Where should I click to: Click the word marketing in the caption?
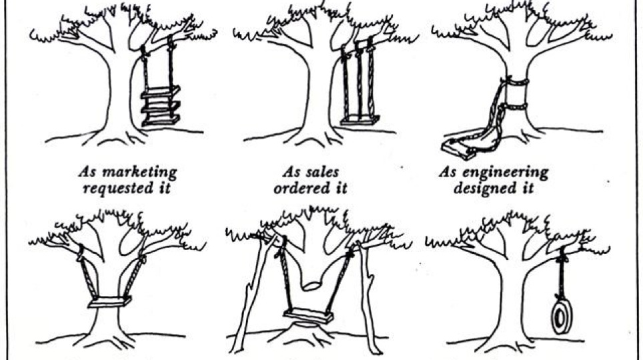tap(143, 172)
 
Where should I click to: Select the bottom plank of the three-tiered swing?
tap(160, 120)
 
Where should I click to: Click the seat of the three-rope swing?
tap(360, 121)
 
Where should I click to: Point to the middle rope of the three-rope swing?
tap(358, 80)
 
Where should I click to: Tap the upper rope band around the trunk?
tap(514, 82)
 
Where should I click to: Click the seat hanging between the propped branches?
tap(307, 315)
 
